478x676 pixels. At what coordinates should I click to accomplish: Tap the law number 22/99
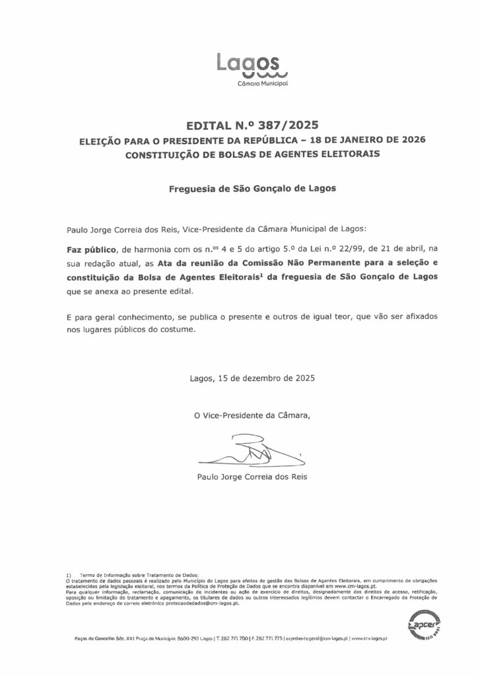click(x=347, y=250)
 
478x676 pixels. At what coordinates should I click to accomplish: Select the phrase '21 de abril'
click(x=401, y=250)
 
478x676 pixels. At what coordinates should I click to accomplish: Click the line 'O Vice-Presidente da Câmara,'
click(x=246, y=415)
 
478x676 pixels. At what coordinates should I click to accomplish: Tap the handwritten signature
click(x=248, y=452)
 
